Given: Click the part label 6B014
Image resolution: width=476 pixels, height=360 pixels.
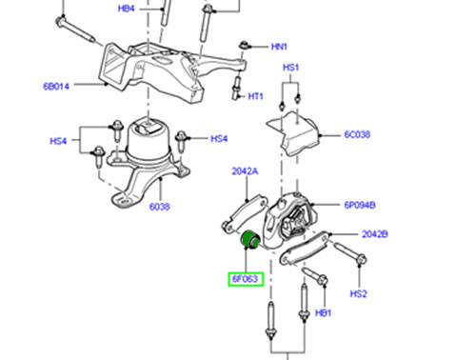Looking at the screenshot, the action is point(56,86).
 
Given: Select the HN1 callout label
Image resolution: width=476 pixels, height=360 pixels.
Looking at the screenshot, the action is point(279,47).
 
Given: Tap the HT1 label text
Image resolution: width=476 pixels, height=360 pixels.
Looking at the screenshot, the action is point(255,96).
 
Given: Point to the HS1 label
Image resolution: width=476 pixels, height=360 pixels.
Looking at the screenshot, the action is point(290,68).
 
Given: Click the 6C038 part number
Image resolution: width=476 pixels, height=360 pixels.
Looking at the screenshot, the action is point(357,134).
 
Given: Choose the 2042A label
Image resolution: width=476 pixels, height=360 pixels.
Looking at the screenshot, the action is point(245,171).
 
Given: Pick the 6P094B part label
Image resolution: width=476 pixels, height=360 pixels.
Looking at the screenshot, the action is point(360,205).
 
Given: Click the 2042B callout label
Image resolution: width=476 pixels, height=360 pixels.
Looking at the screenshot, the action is point(375,234).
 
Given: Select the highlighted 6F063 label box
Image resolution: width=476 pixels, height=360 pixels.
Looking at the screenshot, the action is point(246,279).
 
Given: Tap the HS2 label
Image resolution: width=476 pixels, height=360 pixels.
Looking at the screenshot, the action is point(359,293).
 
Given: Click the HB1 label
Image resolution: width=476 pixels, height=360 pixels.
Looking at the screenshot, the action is point(323,313).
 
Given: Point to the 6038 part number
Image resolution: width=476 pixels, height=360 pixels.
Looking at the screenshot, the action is point(160,207).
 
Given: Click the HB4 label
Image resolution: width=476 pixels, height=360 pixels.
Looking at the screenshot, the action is point(127,9).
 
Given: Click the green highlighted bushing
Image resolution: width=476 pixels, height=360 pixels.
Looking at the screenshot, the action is point(250,241).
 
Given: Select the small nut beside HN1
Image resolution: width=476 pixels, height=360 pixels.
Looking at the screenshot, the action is point(244,45).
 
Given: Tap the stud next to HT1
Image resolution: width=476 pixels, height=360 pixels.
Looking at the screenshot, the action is point(236,89).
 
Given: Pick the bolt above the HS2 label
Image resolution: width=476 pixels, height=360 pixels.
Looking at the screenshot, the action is point(351,253).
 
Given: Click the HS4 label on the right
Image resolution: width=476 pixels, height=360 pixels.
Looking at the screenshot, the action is point(219,139).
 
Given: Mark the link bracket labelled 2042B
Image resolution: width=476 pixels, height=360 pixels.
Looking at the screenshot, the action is point(304,249).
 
